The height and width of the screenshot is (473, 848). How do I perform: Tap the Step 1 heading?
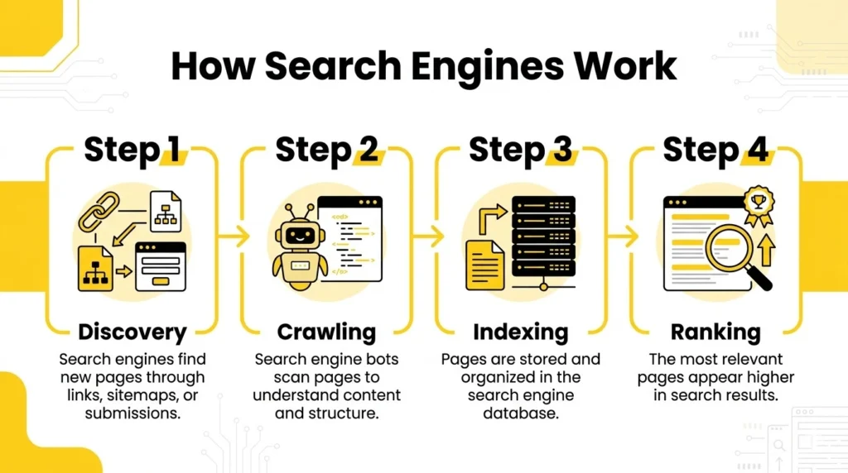tap(132, 150)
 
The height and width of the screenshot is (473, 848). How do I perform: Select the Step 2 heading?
tap(326, 150)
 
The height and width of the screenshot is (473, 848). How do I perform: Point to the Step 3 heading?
tap(520, 150)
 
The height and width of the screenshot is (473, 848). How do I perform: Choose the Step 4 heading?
tap(715, 150)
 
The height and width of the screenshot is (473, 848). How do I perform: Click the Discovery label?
tap(132, 332)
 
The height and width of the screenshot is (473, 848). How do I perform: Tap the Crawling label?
tap(326, 332)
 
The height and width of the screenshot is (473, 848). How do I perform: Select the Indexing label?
tap(520, 332)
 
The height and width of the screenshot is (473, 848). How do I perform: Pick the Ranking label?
tap(715, 332)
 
